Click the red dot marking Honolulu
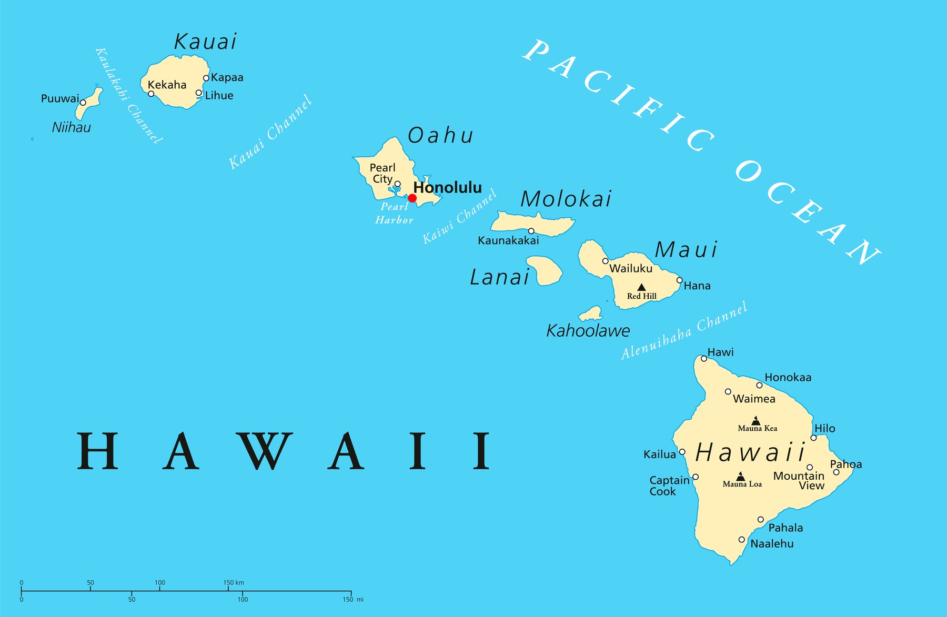click(x=412, y=198)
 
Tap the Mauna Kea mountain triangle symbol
click(x=756, y=421)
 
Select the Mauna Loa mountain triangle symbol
click(x=741, y=477)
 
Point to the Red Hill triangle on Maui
click(x=641, y=287)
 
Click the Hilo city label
click(x=825, y=428)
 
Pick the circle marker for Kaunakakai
click(x=531, y=231)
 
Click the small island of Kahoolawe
click(x=592, y=315)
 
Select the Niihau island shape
click(x=88, y=105)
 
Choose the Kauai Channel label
click(x=270, y=133)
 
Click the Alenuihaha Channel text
click(x=684, y=330)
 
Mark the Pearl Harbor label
click(x=394, y=214)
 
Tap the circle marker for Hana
click(x=680, y=280)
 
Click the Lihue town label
click(x=219, y=96)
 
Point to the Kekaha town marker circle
click(x=151, y=94)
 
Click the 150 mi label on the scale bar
click(x=352, y=600)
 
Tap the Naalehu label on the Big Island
click(x=772, y=544)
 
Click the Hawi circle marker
click(x=704, y=359)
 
